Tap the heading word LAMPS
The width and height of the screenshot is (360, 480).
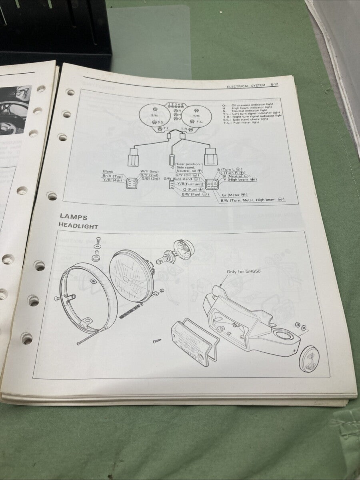click(74, 218)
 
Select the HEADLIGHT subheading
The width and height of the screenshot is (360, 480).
click(78, 226)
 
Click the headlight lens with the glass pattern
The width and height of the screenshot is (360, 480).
click(131, 276)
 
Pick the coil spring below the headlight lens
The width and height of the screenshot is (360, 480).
click(130, 312)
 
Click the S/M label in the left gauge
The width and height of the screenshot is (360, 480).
click(154, 115)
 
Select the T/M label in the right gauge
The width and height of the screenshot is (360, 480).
click(196, 116)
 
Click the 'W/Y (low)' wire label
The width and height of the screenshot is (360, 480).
click(149, 172)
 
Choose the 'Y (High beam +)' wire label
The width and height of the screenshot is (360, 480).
click(239, 180)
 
